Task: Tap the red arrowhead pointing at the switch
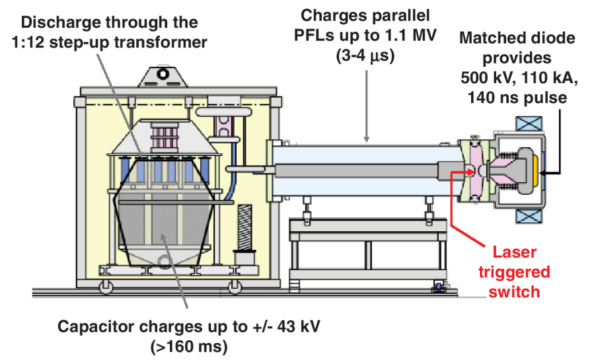[455, 174]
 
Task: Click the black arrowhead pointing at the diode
[543, 173]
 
